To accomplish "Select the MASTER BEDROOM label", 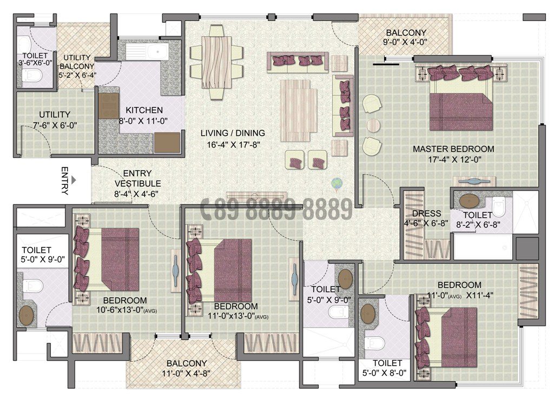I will tap(453, 149).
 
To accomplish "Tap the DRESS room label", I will tap(426, 214).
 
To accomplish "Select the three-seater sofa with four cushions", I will tap(298, 61).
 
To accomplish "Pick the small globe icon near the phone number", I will tap(337, 184).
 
